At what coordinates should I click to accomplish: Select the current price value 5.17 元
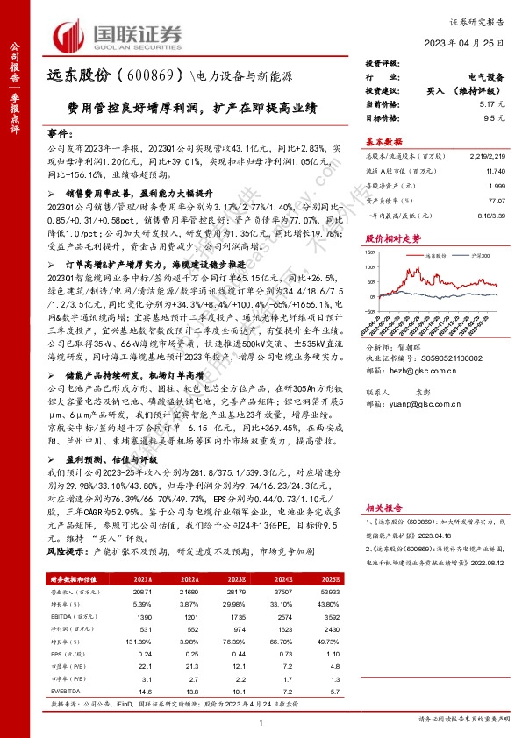pos(494,103)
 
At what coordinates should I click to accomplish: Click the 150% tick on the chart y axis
pos(373,252)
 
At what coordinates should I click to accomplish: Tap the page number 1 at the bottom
pos(261,720)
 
